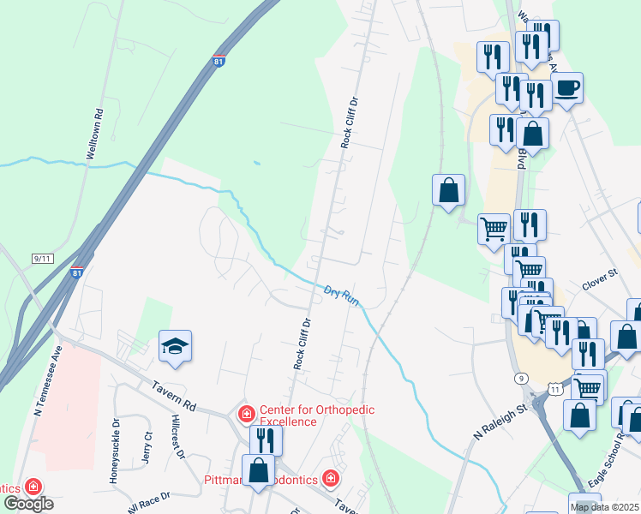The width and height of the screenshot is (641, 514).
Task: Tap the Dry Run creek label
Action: [341, 296]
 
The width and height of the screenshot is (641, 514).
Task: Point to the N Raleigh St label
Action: [500, 422]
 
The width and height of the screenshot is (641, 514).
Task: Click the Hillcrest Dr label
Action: [177, 439]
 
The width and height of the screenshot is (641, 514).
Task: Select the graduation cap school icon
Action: [175, 347]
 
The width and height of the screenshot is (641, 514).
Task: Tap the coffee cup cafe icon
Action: [566, 87]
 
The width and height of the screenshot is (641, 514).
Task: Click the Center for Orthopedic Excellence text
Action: [317, 416]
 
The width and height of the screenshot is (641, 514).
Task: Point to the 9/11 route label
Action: [42, 258]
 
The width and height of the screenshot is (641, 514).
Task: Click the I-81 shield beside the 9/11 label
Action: [77, 273]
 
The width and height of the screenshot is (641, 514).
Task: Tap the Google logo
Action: [29, 503]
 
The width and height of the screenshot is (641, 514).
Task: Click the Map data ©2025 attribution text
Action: [604, 507]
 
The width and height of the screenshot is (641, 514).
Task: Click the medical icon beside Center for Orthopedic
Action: [247, 415]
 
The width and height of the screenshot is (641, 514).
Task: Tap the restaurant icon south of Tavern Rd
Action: [266, 440]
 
